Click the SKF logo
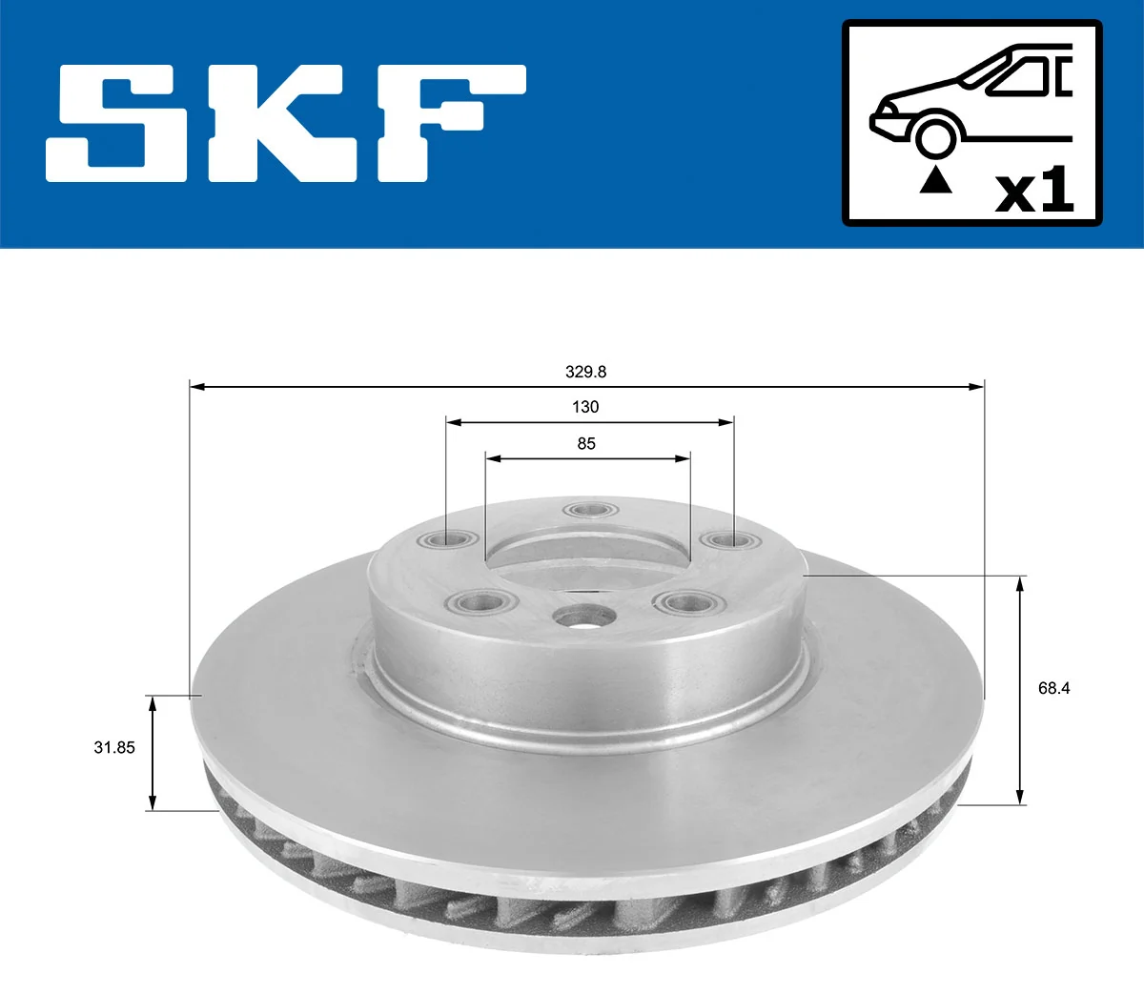[x=286, y=124]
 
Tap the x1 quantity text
[x=1034, y=191]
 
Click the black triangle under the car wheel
[x=935, y=179]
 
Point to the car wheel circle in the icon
[x=935, y=136]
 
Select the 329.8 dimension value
[x=585, y=372]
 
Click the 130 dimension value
[x=585, y=407]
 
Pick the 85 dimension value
[x=586, y=443]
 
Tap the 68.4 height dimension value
[x=1053, y=688]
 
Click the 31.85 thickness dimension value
[x=114, y=747]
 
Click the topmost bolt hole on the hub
[x=588, y=510]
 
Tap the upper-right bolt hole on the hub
[x=728, y=541]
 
